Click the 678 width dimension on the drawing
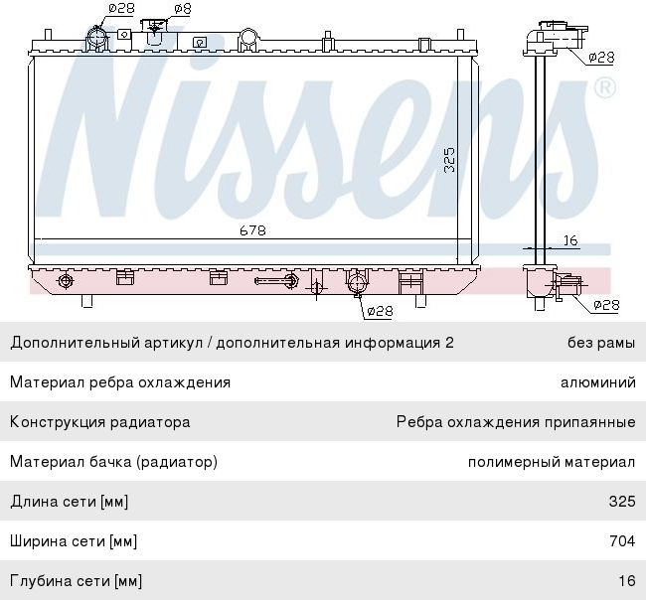pyautogui.click(x=251, y=230)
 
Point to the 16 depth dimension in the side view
pyautogui.click(x=570, y=239)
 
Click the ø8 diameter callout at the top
pyautogui.click(x=182, y=9)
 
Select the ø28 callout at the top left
pyautogui.click(x=120, y=9)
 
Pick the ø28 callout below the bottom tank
pyautogui.click(x=379, y=311)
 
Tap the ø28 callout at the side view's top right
pyautogui.click(x=601, y=58)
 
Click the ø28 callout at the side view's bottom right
pyautogui.click(x=605, y=305)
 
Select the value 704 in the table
pyautogui.click(x=622, y=541)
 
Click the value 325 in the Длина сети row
pyautogui.click(x=622, y=502)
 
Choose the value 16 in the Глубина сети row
pyautogui.click(x=626, y=580)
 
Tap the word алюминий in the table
pyautogui.click(x=597, y=382)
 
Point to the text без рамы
pyautogui.click(x=600, y=343)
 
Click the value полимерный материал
pyautogui.click(x=552, y=462)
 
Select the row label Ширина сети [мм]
pyautogui.click(x=74, y=541)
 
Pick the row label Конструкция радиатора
pyautogui.click(x=99, y=422)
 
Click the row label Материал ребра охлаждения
pyautogui.click(x=120, y=382)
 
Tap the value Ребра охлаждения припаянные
pyautogui.click(x=515, y=422)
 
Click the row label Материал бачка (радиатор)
pyautogui.click(x=113, y=462)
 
